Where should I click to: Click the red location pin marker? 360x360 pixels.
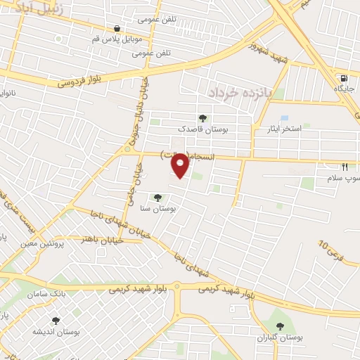pyautogui.click(x=180, y=166)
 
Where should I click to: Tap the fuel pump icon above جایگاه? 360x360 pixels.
pyautogui.click(x=343, y=78)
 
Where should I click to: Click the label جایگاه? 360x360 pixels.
pyautogui.click(x=343, y=89)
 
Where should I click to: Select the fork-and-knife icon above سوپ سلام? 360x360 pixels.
pyautogui.click(x=345, y=167)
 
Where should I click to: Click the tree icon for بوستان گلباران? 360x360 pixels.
pyautogui.click(x=281, y=326)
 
